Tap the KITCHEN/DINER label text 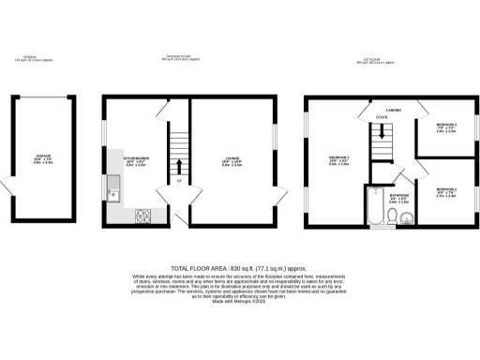136,160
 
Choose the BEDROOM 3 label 445,128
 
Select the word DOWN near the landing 379,118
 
